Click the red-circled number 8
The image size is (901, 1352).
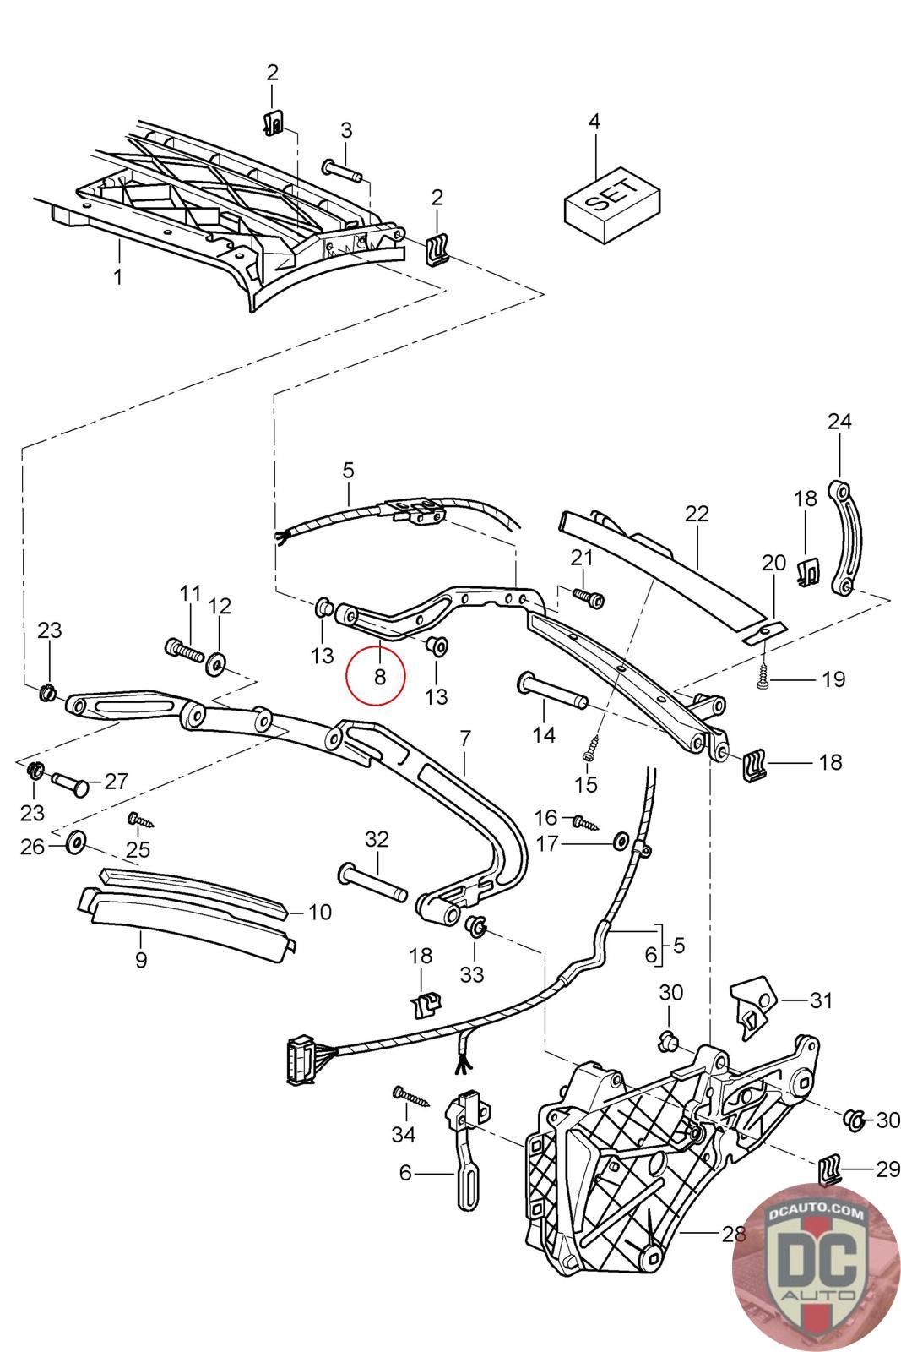click(x=379, y=676)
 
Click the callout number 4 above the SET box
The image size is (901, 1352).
click(x=594, y=122)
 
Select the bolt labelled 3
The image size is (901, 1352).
click(x=342, y=170)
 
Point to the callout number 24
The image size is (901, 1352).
click(x=839, y=421)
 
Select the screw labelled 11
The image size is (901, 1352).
click(x=183, y=651)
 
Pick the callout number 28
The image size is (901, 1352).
click(x=733, y=1234)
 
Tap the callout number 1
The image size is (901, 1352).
click(x=118, y=275)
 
